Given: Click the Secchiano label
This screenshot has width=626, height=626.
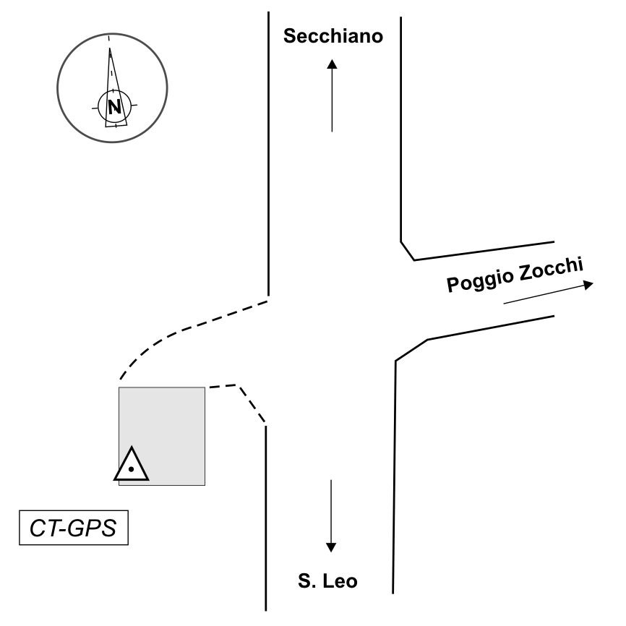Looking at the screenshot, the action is tap(333, 36).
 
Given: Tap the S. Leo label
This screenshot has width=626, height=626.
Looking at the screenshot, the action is tap(327, 581).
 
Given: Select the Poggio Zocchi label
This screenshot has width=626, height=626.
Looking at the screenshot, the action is tap(515, 275).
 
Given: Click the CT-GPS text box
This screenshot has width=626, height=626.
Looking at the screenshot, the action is tap(74, 528).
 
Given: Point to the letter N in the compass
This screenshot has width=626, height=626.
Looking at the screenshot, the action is tap(115, 106).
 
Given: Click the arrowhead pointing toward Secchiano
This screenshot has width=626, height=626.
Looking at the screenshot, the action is tap(333, 64).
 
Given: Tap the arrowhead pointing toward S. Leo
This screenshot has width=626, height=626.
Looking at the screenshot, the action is tap(331, 547).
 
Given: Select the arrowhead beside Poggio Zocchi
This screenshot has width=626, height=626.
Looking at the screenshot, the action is tap(588, 284).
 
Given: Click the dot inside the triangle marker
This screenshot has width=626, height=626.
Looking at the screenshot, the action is tap(131, 469).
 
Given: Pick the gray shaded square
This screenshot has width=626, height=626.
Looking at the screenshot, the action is tap(162, 437).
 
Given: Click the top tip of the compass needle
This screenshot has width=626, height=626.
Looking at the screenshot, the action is tap(110, 48).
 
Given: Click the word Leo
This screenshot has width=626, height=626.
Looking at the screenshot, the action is tap(340, 581).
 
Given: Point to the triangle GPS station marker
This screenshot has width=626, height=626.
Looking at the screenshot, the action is tap(132, 464).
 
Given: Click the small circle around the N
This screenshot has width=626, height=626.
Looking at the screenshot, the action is tap(115, 106).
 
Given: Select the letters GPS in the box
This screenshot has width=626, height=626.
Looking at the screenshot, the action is tap(92, 528).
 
